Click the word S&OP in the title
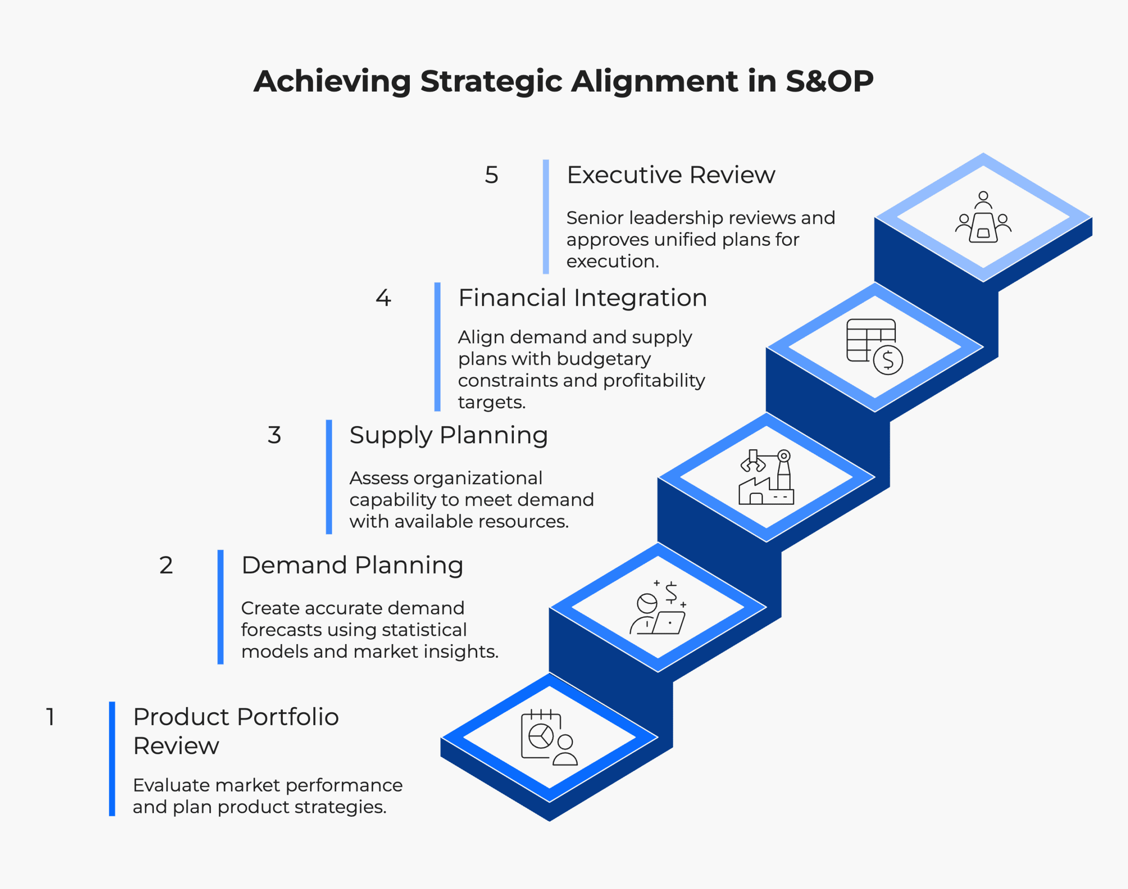point(829,81)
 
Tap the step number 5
point(491,175)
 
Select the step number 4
point(383,298)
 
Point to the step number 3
point(275,435)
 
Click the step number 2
point(166,565)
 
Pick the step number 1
point(51,717)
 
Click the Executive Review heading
point(671,175)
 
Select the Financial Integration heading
point(583,298)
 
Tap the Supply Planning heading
point(449,435)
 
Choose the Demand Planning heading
point(352,565)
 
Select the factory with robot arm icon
point(766,477)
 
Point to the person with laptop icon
point(658,607)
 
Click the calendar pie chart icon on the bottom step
point(549,737)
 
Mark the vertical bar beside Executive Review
point(545,217)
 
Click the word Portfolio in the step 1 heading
point(288,717)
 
